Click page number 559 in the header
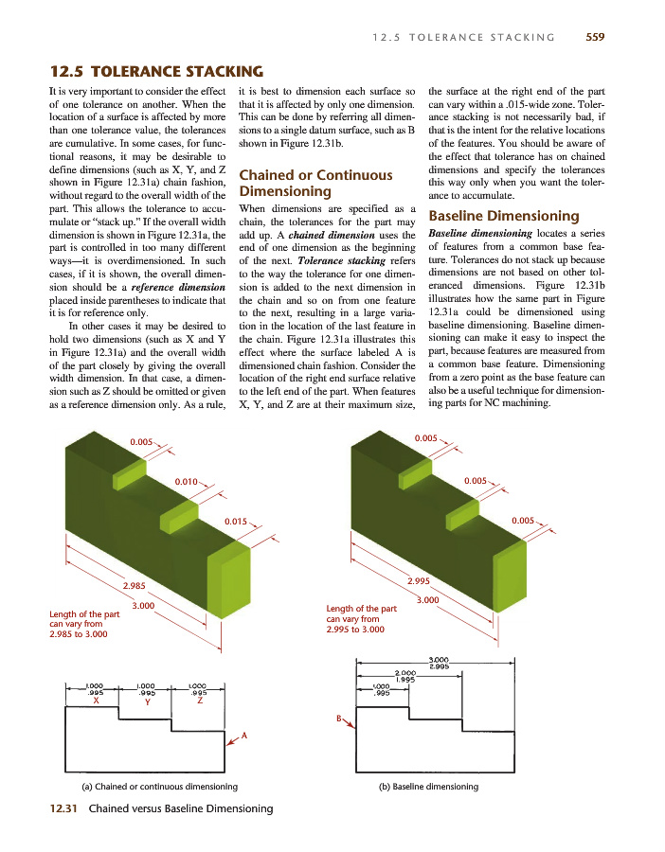[x=595, y=38]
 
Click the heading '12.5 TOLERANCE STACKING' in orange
[x=155, y=71]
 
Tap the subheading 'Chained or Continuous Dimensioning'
[x=315, y=183]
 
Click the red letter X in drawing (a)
[x=95, y=701]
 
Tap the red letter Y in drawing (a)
[x=147, y=702]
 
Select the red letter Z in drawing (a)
[x=199, y=701]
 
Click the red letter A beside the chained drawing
[x=244, y=736]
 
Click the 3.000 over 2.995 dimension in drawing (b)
[x=439, y=663]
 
